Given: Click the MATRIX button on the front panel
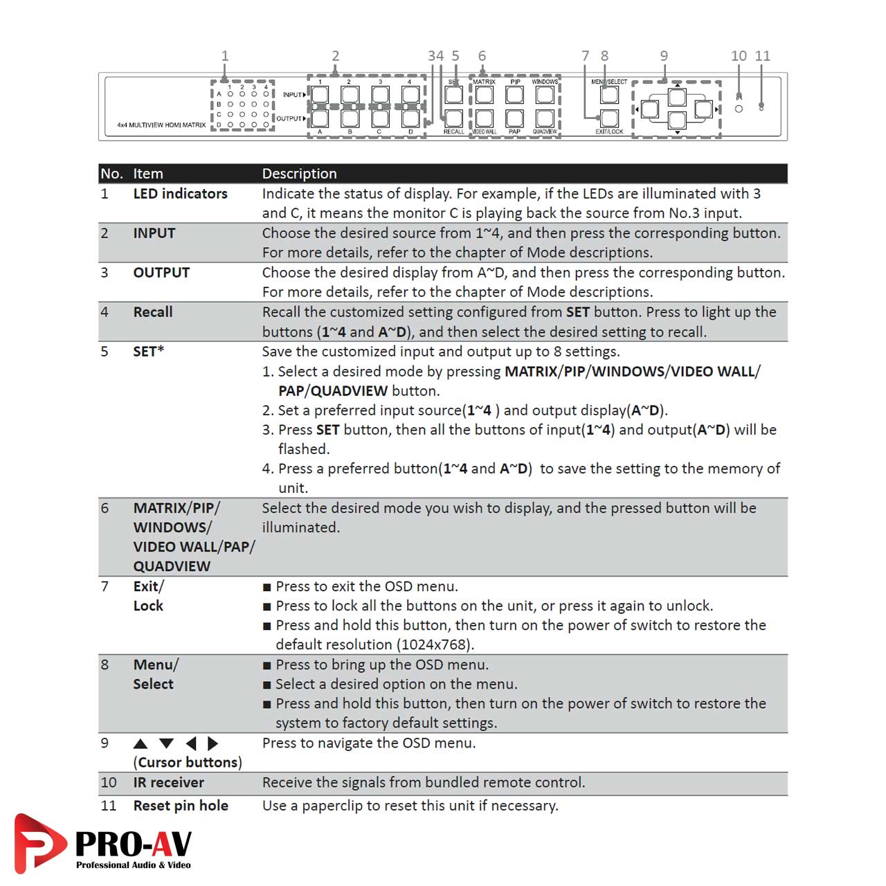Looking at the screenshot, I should [x=485, y=95].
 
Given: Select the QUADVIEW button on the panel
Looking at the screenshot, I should [x=545, y=118].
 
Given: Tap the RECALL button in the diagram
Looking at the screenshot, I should [x=454, y=118].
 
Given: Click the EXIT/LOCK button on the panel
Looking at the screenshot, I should [x=609, y=118].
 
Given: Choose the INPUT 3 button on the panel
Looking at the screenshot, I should [x=380, y=95].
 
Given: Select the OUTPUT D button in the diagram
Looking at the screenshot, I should [x=410, y=118].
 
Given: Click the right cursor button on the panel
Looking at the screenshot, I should [x=703, y=109].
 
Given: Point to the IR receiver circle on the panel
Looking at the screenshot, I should [x=739, y=109].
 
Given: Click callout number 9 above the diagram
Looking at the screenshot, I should [x=664, y=56].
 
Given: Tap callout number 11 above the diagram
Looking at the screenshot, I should [x=762, y=56].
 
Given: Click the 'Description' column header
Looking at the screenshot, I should [x=299, y=174].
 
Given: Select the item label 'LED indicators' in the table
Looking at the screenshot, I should [x=180, y=194].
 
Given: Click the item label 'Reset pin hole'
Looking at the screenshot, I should [x=181, y=806].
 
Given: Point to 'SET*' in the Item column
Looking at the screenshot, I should [x=149, y=352].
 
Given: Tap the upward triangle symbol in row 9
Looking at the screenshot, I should [x=141, y=744].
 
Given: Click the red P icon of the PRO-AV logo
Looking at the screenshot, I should [x=39, y=842].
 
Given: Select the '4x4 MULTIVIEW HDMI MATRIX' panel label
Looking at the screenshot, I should [x=161, y=125].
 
